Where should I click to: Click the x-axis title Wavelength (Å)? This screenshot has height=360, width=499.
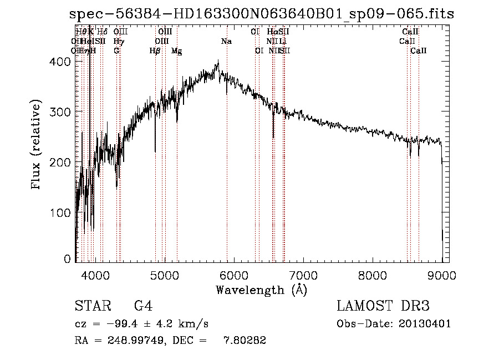(x=261, y=290)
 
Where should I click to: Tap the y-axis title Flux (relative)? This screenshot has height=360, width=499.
(x=37, y=146)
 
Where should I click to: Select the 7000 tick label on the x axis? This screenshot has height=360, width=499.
(x=303, y=275)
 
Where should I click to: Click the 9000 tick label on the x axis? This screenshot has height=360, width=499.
(x=442, y=275)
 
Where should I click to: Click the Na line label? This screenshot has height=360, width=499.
(x=226, y=42)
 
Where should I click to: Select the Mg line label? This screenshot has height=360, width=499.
(x=176, y=51)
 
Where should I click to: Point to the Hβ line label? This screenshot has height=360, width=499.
(x=155, y=51)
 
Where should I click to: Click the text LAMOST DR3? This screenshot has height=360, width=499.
(x=383, y=307)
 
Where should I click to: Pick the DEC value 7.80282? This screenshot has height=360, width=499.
(x=244, y=341)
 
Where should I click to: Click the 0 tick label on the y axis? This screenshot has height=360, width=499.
(x=67, y=259)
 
